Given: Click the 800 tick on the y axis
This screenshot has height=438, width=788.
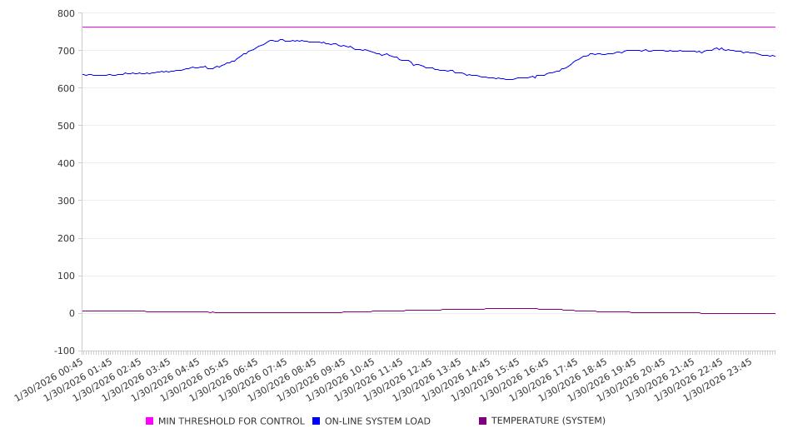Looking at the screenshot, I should coord(66,13).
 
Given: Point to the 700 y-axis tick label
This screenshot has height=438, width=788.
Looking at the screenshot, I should coord(66,51).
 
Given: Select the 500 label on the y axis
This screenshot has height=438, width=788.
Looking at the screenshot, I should coord(66,126).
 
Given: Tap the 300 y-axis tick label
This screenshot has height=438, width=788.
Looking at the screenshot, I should coord(66,201).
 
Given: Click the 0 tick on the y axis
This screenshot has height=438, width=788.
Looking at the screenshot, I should coord(71,313).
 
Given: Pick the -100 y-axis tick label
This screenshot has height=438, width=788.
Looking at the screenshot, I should coord(63,351).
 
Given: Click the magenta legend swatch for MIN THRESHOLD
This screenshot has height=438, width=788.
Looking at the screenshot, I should coord(150,421).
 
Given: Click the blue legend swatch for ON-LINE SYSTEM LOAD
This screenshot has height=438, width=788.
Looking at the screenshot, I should coord(317,421).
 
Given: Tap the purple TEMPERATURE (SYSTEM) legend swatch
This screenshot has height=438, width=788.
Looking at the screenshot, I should coord(483,421).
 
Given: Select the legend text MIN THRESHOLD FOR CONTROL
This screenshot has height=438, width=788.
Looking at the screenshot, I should coord(231,421).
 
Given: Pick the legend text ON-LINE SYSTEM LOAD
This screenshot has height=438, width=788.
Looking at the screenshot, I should coord(377,421).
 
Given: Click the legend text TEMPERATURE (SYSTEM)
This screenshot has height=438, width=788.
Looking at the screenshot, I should coord(548,421).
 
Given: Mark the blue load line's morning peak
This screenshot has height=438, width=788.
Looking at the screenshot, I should coord(282,39).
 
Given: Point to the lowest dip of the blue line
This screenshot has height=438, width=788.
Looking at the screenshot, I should coord(509,79).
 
